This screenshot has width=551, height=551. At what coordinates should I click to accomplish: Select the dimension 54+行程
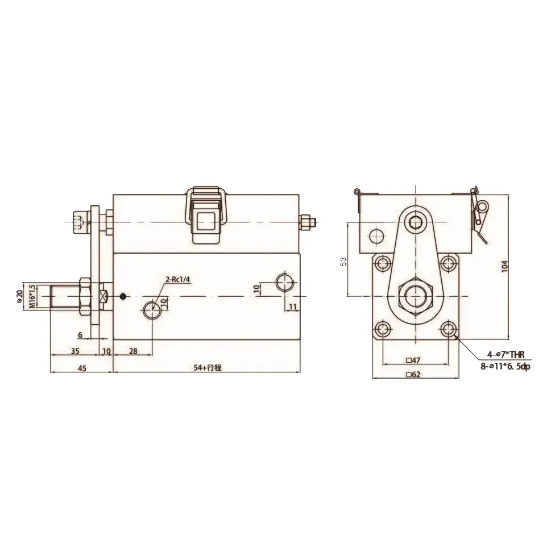(x=206, y=368)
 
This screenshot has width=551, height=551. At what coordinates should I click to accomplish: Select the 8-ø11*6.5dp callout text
(x=504, y=367)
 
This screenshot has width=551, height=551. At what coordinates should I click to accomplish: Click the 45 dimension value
(x=81, y=368)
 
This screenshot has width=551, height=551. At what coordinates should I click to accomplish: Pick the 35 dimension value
(x=75, y=351)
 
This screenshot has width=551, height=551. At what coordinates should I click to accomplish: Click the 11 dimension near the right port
(x=293, y=307)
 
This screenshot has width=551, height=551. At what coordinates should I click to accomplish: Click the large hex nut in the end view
(x=417, y=296)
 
